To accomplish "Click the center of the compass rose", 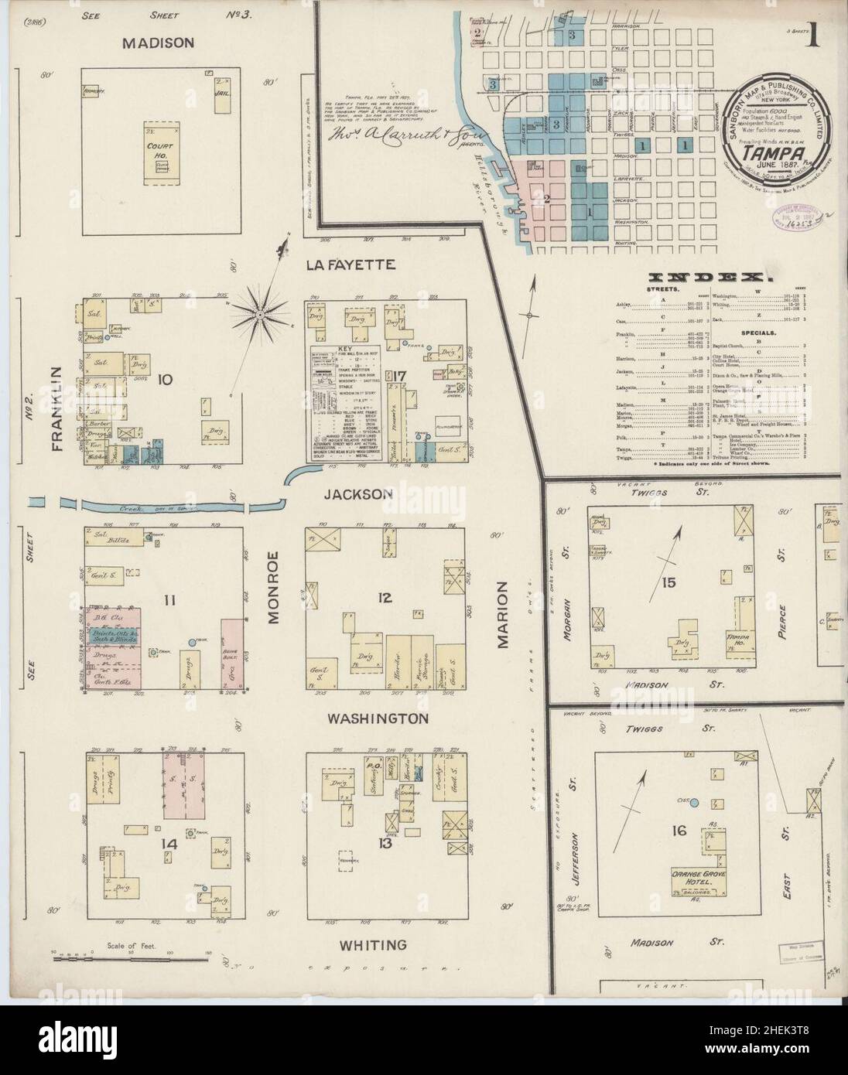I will tap(261, 315).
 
